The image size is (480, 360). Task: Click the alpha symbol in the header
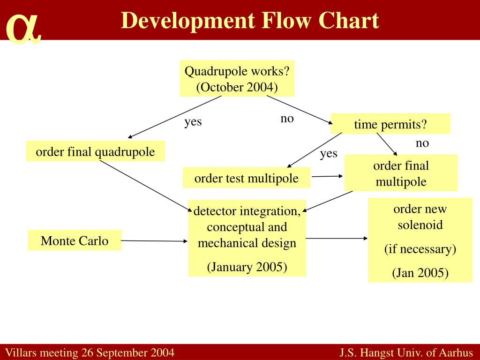[23, 28]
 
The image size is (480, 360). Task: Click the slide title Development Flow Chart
[250, 21]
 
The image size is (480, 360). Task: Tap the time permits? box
[390, 124]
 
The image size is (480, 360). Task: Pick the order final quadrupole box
[95, 151]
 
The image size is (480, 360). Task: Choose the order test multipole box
[246, 178]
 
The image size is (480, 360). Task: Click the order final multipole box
[401, 173]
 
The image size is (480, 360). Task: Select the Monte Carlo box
[75, 240]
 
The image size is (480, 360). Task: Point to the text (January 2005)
[247, 267]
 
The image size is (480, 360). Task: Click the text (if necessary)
[420, 249]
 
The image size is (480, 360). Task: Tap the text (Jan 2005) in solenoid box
[420, 273]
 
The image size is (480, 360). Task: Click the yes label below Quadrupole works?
[193, 122]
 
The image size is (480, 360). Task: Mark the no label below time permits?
[422, 143]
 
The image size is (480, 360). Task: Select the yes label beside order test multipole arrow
[329, 153]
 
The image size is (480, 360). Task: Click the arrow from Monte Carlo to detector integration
[155, 241]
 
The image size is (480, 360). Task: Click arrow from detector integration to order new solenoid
[337, 238]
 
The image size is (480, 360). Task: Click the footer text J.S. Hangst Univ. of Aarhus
[407, 352]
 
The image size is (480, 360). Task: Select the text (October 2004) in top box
[237, 87]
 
